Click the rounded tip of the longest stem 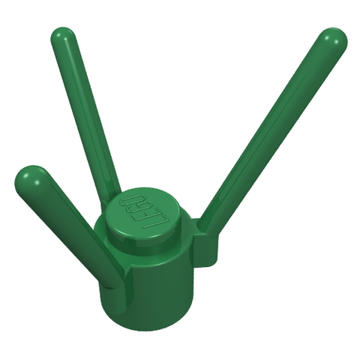click(334, 41)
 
